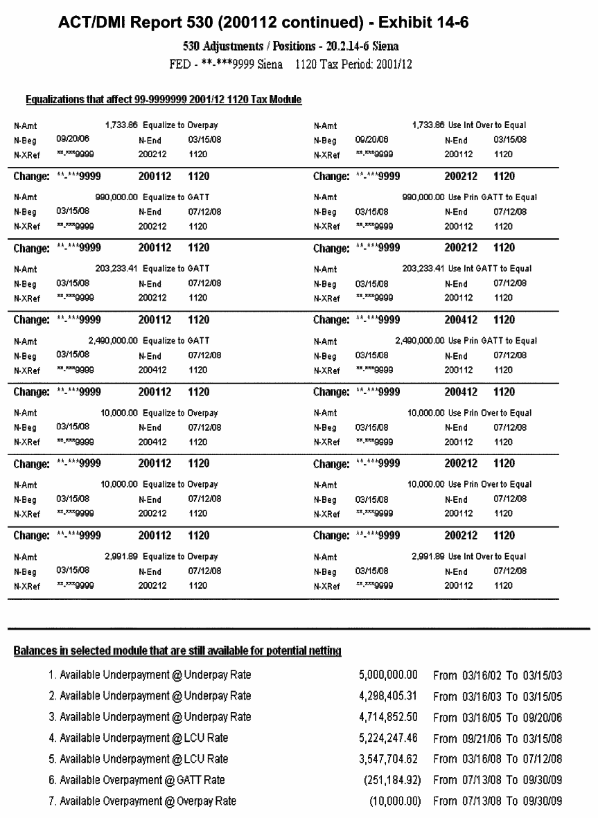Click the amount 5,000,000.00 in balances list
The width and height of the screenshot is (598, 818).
pos(389,674)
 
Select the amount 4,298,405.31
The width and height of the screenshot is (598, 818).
pos(389,695)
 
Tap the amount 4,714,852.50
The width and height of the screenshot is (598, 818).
pos(389,717)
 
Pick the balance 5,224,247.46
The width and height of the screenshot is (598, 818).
pos(389,738)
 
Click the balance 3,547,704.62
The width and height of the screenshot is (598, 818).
pos(389,759)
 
